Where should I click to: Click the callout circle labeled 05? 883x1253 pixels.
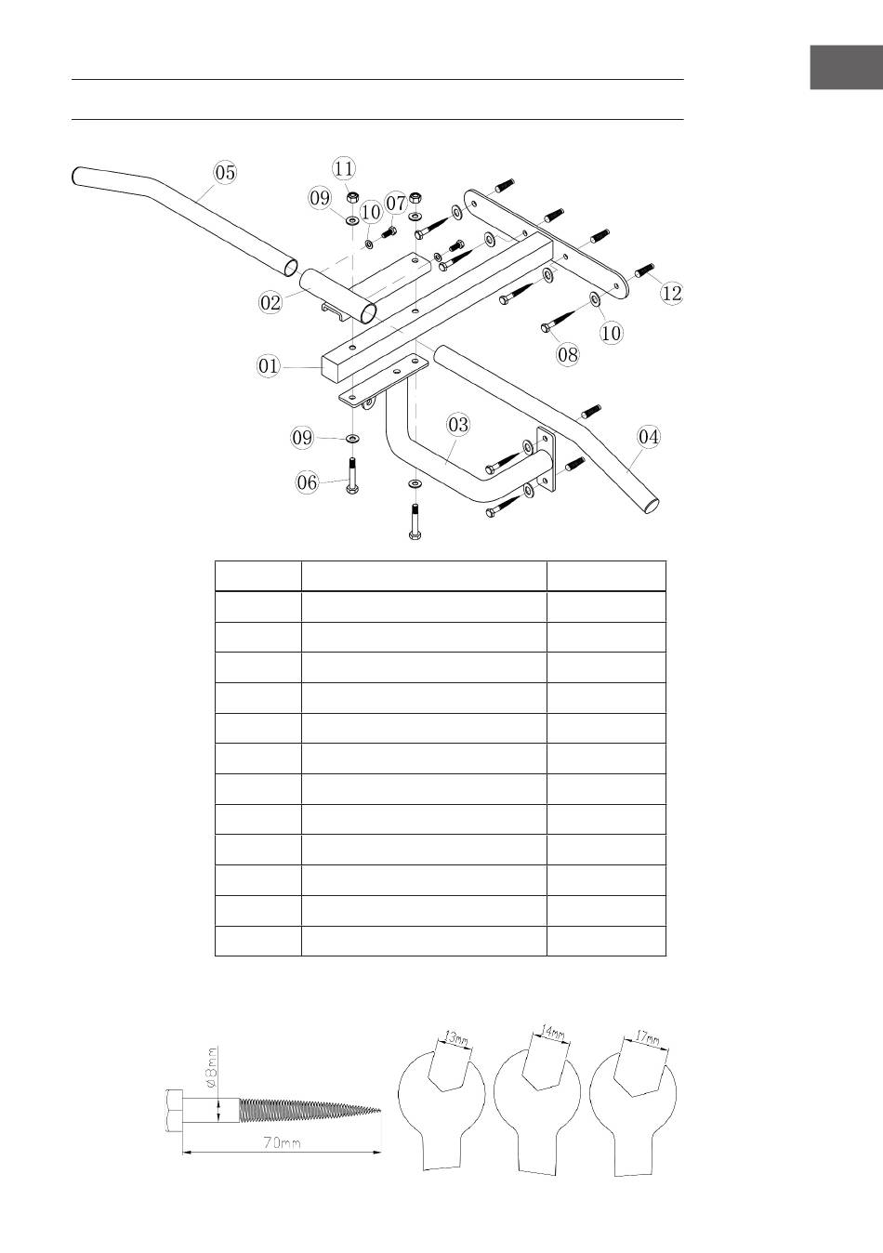pos(225,172)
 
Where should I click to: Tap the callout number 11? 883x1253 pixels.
pos(343,168)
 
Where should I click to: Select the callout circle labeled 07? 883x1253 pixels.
pos(396,203)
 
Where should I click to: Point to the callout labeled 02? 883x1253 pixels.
pos(270,303)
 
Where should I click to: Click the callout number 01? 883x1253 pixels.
pos(268,366)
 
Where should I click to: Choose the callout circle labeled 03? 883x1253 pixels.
pos(458,425)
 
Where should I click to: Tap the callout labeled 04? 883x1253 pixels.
pos(649,436)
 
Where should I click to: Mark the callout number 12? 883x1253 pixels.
pos(672,293)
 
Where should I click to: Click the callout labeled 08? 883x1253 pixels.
pos(568,354)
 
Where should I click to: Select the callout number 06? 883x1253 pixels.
pos(307,482)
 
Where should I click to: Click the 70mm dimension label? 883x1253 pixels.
pos(283,1142)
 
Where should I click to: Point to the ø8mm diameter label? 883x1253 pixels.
pos(212,1068)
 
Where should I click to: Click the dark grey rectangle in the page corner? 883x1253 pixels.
pos(847,68)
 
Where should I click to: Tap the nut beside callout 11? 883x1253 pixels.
pos(353,197)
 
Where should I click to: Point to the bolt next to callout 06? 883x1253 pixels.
pos(352,476)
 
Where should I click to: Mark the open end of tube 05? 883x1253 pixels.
pos(290,268)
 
